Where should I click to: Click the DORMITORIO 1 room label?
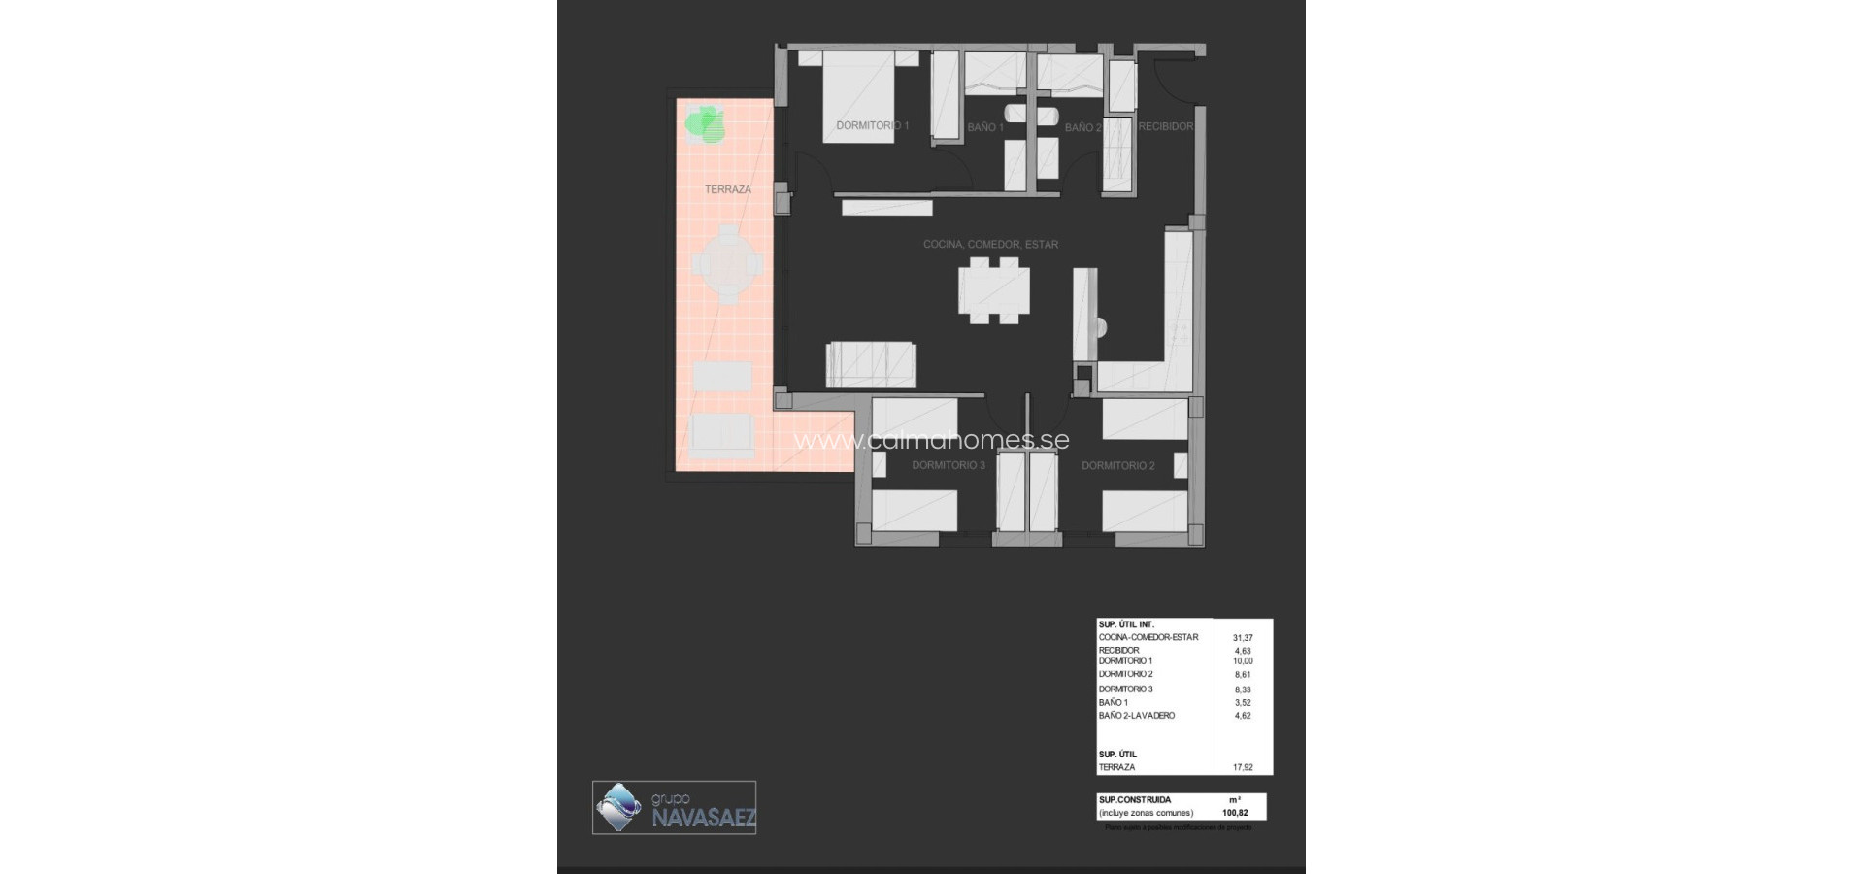pos(872,126)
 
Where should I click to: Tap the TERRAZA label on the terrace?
pos(727,189)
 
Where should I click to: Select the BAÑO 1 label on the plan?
pos(984,127)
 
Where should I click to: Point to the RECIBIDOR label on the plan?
pos(1165,126)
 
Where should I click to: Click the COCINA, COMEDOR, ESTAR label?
pos(990,245)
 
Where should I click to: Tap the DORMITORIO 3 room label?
pos(948,466)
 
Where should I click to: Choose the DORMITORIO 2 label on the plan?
pos(1117,466)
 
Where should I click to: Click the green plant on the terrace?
pos(705,123)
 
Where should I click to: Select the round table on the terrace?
pos(726,263)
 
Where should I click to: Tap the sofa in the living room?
pos(870,364)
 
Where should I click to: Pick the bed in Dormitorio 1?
pos(858,97)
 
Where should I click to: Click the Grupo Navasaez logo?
pos(675,807)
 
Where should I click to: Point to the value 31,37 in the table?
pos(1242,638)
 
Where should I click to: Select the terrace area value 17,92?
pos(1242,767)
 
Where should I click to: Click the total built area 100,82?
pos(1235,813)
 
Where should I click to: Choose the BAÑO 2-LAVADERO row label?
pos(1136,716)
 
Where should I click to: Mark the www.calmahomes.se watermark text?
pos(931,440)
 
